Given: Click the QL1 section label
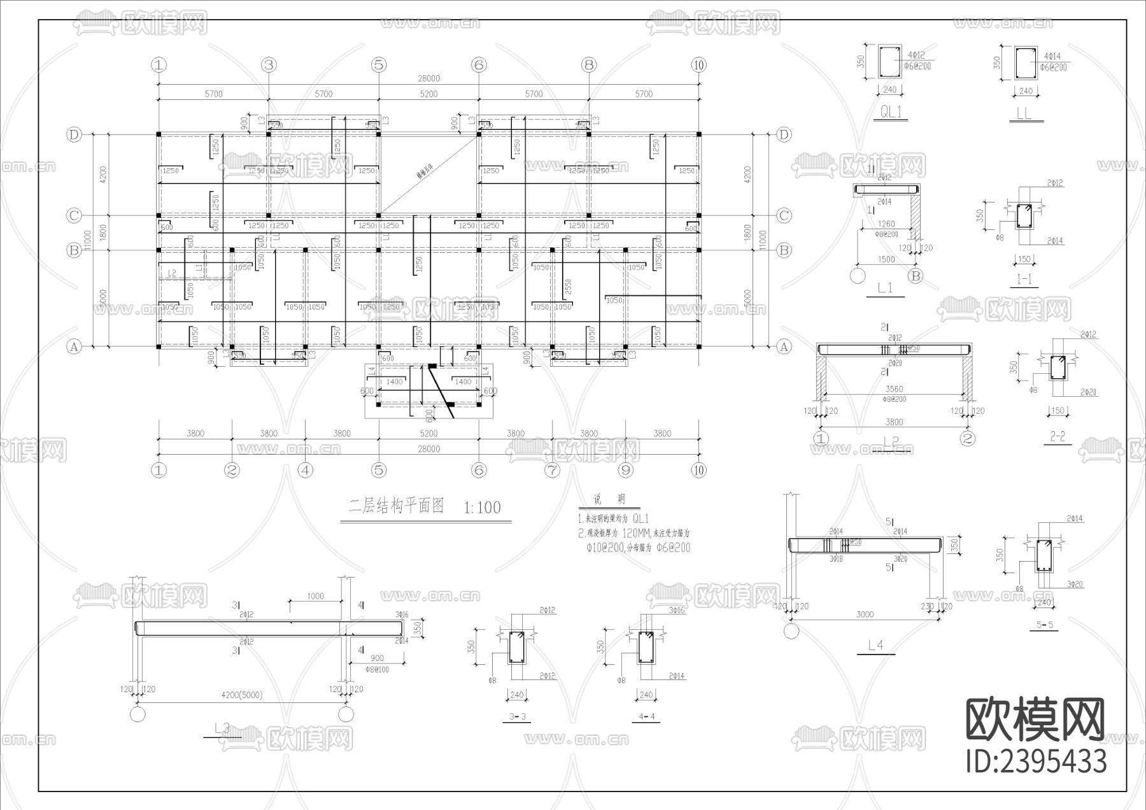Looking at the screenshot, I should pyautogui.click(x=891, y=113).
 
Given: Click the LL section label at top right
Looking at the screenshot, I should pyautogui.click(x=1024, y=115).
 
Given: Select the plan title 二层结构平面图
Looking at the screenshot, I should pyautogui.click(x=395, y=506).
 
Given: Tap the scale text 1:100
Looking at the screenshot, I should pyautogui.click(x=482, y=508).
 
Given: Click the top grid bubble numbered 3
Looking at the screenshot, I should pyautogui.click(x=269, y=64).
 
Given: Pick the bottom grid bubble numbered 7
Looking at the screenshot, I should pyautogui.click(x=552, y=470).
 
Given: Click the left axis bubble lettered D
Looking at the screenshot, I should pyautogui.click(x=74, y=134).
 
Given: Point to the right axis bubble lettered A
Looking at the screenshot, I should pyautogui.click(x=784, y=346).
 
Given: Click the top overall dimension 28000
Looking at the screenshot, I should pyautogui.click(x=428, y=78).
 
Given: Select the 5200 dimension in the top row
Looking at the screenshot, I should pyautogui.click(x=428, y=94).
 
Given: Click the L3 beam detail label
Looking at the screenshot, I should pyautogui.click(x=222, y=728).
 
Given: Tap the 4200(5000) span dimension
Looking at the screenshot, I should pyautogui.click(x=241, y=695).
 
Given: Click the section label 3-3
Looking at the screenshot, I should pyautogui.click(x=518, y=717).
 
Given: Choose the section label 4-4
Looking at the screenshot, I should pyautogui.click(x=647, y=717).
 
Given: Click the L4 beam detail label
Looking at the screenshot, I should pyautogui.click(x=876, y=645).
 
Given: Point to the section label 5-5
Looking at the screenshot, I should pyautogui.click(x=1044, y=625).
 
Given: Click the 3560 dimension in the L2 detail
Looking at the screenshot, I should pyautogui.click(x=894, y=389).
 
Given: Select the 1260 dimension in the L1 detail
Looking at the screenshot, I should pyautogui.click(x=886, y=224).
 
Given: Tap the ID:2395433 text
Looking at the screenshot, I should pyautogui.click(x=1036, y=762).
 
